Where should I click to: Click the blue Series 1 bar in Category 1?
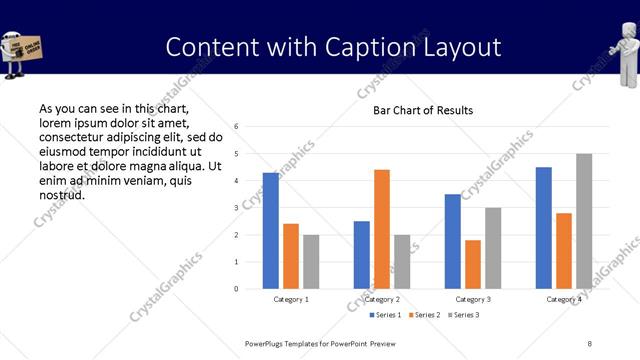coord(271,231)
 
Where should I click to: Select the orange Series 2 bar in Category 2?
coord(382,229)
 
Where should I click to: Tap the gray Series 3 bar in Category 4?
coord(584,221)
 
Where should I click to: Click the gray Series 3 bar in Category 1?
coord(311,262)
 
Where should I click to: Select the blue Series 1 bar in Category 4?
coord(544,228)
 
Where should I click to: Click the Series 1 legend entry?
coord(387,315)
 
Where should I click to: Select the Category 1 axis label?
coord(291,299)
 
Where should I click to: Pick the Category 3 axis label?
coord(473,299)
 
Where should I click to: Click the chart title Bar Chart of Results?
coord(423,110)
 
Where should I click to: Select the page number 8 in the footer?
coord(589,343)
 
